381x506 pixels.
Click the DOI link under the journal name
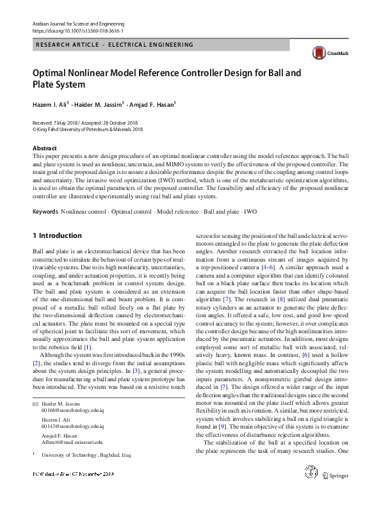pyautogui.click(x=77, y=31)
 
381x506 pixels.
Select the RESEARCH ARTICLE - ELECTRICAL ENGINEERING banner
pyautogui.click(x=116, y=45)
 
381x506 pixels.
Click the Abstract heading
pyautogui.click(x=44, y=148)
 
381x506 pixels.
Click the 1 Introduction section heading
pyautogui.click(x=57, y=235)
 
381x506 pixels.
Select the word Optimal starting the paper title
pyautogui.click(x=53, y=73)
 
